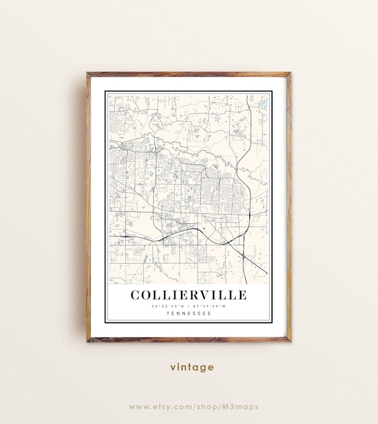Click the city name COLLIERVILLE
[x=188, y=294]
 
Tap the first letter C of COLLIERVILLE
[x=135, y=294]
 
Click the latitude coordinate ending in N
[x=168, y=306]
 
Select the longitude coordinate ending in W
[x=210, y=306]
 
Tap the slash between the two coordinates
[x=189, y=306]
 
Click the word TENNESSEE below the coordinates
[x=188, y=313]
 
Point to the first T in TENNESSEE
[x=167, y=313]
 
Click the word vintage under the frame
[x=191, y=366]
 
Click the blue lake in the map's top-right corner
[x=263, y=105]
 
